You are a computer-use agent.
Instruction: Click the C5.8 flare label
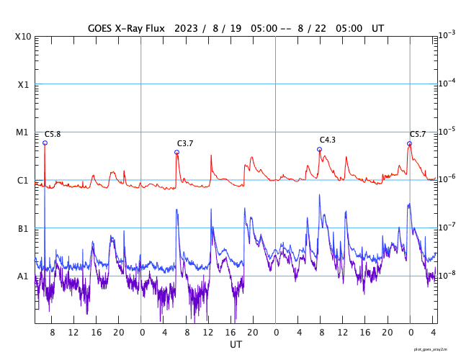click(x=53, y=135)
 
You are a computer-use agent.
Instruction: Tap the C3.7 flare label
click(x=185, y=144)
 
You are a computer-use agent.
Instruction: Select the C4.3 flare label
click(x=327, y=140)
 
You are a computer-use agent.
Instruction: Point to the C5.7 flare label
click(x=418, y=135)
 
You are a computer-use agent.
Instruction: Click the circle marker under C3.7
click(x=176, y=153)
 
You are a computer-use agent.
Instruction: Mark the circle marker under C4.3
click(x=319, y=150)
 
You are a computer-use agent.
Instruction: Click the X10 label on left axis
click(x=22, y=37)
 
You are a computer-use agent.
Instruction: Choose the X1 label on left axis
click(x=23, y=84)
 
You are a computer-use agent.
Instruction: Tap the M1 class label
click(x=23, y=132)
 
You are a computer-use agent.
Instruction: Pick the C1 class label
click(x=23, y=180)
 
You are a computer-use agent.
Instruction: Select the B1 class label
click(x=23, y=228)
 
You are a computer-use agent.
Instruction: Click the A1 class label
click(x=23, y=276)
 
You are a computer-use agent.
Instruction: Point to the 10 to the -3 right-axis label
click(x=446, y=35)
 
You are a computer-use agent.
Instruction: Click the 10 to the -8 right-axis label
click(x=446, y=275)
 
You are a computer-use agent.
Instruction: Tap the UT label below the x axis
click(x=236, y=345)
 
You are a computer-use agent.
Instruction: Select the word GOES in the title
click(x=102, y=28)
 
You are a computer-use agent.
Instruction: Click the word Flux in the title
click(x=152, y=28)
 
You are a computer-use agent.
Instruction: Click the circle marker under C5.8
click(x=45, y=143)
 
